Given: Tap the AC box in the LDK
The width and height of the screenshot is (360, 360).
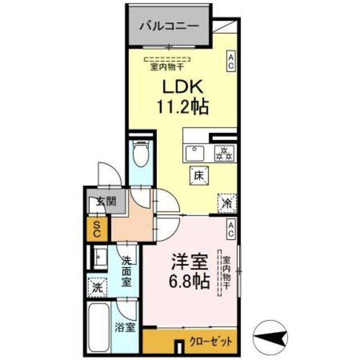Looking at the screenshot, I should pyautogui.click(x=231, y=61).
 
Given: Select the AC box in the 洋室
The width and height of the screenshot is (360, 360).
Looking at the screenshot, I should pyautogui.click(x=231, y=228).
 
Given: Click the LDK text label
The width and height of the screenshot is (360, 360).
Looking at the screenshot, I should pyautogui.click(x=182, y=87).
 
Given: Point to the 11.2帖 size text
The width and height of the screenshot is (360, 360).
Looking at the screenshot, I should pyautogui.click(x=182, y=106).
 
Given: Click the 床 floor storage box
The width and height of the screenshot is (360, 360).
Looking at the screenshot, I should pyautogui.click(x=199, y=175).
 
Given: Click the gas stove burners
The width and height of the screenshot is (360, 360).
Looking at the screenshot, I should pyautogui.click(x=223, y=152).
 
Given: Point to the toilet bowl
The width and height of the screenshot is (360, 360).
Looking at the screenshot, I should pyautogui.click(x=140, y=154).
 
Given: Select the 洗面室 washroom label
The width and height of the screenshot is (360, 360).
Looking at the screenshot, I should pyautogui.click(x=127, y=270).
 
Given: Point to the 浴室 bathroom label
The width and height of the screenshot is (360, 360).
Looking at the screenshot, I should pyautogui.click(x=125, y=326).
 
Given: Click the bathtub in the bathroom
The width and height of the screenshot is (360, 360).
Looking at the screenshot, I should pyautogui.click(x=98, y=329).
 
